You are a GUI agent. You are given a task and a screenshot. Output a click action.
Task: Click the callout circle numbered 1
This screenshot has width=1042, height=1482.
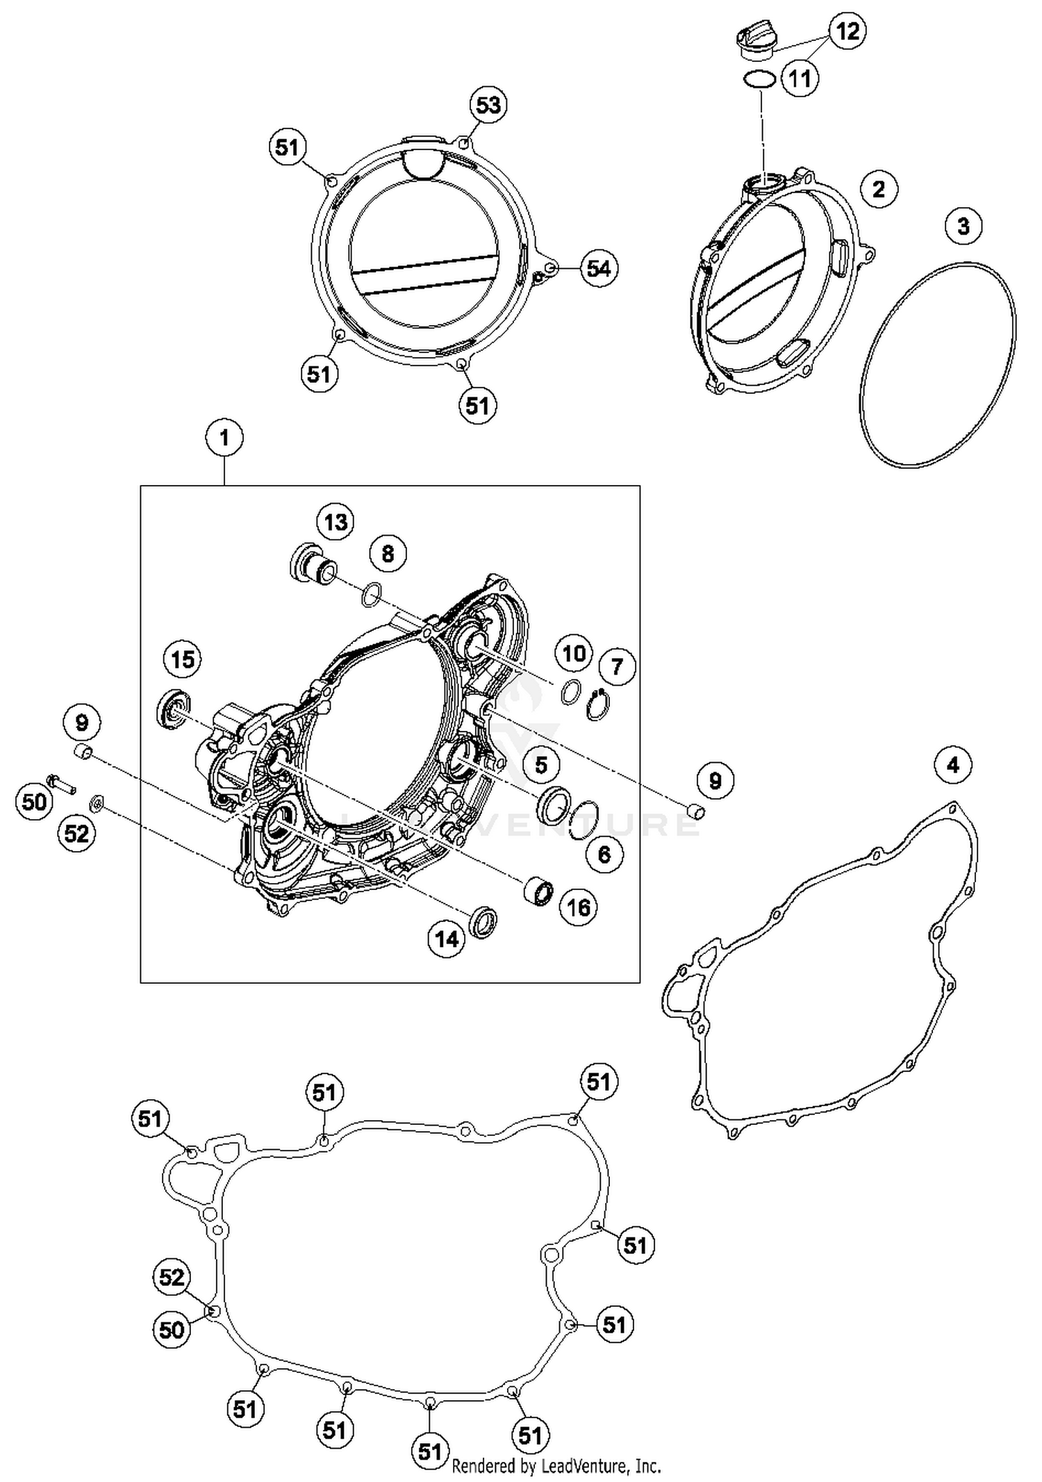click(x=224, y=438)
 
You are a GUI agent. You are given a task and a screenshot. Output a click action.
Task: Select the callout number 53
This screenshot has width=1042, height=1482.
click(x=488, y=106)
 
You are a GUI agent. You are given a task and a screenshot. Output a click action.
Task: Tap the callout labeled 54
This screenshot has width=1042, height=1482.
click(x=599, y=268)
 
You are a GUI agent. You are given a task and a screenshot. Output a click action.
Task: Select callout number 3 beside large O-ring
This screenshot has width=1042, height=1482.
click(x=963, y=226)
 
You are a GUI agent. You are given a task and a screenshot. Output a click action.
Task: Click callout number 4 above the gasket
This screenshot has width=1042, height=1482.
click(x=952, y=765)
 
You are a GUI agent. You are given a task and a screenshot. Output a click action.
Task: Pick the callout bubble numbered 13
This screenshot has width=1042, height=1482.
click(x=336, y=522)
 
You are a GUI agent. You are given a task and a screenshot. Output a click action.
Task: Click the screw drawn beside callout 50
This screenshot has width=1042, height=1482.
click(x=61, y=784)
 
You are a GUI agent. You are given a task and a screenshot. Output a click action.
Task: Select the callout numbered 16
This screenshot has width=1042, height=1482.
click(x=578, y=907)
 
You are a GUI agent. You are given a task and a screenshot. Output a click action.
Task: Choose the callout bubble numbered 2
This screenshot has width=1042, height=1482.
click(x=879, y=189)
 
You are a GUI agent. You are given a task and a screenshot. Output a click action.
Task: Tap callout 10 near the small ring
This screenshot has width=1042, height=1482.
click(x=574, y=653)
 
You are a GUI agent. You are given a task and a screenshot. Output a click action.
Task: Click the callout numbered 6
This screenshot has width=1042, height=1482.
click(x=604, y=854)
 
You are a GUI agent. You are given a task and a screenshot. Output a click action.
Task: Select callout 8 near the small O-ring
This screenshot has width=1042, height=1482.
click(x=388, y=554)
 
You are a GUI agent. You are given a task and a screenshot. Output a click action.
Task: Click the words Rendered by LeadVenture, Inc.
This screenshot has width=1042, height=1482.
click(x=556, y=1467)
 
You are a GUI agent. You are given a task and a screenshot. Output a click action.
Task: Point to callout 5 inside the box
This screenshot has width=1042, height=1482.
click(x=540, y=766)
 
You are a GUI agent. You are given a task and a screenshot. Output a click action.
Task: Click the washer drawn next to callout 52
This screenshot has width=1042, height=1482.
click(x=96, y=805)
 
